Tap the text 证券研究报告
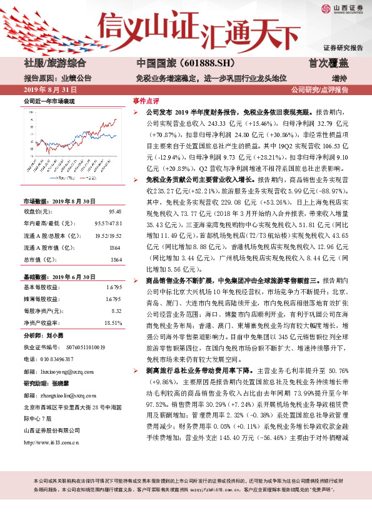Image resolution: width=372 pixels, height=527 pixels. click(x=343, y=48)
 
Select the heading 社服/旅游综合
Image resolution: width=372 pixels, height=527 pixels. click(x=54, y=64)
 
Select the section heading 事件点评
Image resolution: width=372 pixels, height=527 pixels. click(x=145, y=100)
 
